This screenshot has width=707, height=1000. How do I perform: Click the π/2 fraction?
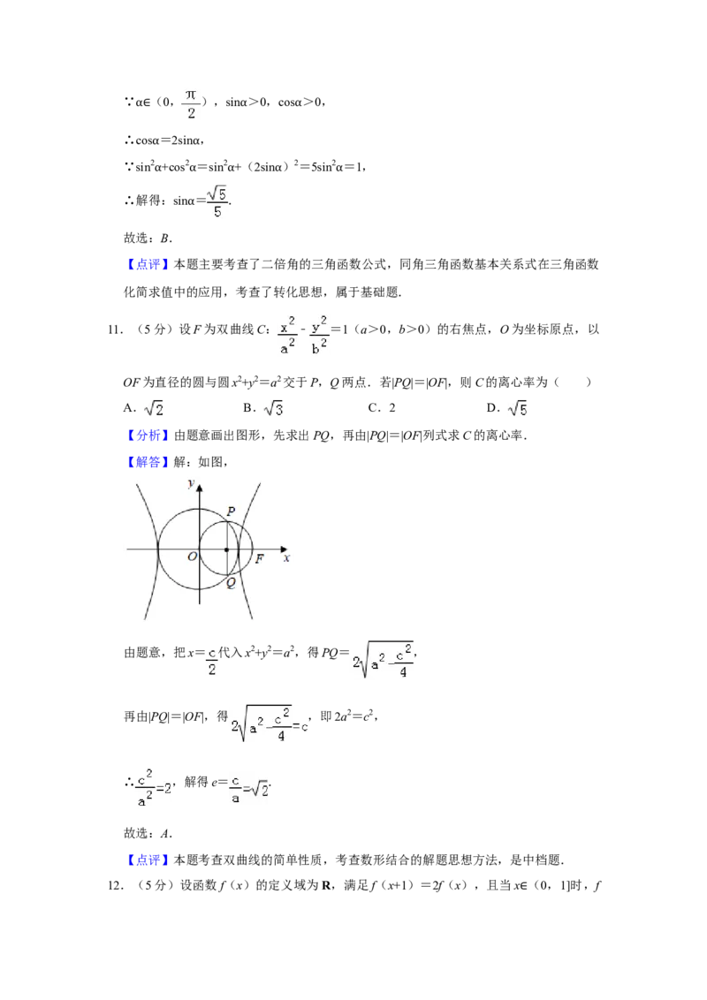(190, 102)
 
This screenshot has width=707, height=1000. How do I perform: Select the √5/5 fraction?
(217, 201)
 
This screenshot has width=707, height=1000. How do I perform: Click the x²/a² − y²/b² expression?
(304, 336)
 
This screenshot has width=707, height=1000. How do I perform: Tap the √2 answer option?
(155, 409)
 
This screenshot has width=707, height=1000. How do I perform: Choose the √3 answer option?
(272, 409)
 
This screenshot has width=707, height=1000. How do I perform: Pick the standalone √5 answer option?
(516, 409)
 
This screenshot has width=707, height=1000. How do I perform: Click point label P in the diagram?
(232, 511)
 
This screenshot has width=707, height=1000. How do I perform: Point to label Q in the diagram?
(231, 583)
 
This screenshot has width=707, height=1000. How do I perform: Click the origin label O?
(192, 557)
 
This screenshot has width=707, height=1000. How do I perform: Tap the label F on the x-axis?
(259, 558)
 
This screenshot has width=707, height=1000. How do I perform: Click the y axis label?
(191, 482)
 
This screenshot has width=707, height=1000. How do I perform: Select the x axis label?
(286, 558)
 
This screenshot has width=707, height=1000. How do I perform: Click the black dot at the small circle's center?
(226, 549)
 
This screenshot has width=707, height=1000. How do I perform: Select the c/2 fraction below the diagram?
(212, 661)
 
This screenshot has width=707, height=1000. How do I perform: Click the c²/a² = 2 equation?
(156, 787)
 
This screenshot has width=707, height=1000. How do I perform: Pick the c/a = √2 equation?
(247, 788)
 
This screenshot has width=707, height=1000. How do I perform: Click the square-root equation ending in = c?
(269, 724)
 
